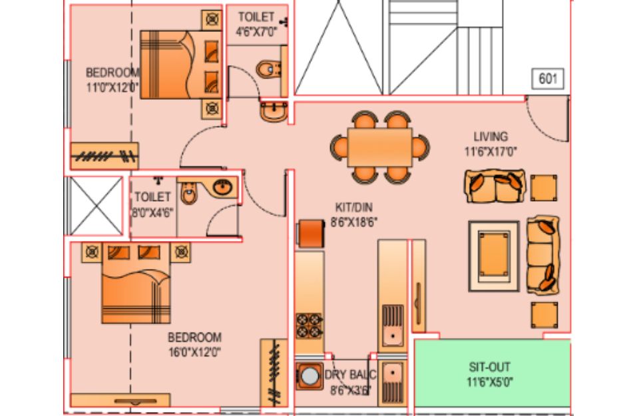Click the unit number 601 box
(x=548, y=79)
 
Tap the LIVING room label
(x=491, y=136)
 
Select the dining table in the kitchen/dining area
(x=380, y=147)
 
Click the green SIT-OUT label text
(x=489, y=367)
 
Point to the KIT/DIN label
(x=354, y=207)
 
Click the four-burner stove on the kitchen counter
(x=309, y=326)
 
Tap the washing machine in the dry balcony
(x=310, y=376)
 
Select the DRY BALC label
(x=350, y=375)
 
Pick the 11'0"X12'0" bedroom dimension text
(x=112, y=87)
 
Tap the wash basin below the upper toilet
(x=274, y=111)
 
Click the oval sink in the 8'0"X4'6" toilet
(x=222, y=186)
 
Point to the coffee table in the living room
(x=494, y=256)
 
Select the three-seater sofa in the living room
(x=543, y=255)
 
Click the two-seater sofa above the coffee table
(x=495, y=186)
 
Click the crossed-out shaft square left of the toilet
(x=96, y=206)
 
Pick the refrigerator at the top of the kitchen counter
(x=310, y=234)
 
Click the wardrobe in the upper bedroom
(x=105, y=156)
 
